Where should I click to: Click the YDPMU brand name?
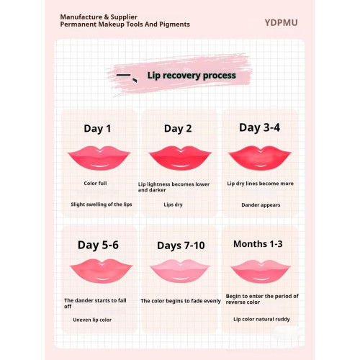(x=281, y=22)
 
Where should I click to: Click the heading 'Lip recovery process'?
(x=191, y=75)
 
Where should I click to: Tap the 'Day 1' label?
(x=97, y=129)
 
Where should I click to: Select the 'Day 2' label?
(x=178, y=129)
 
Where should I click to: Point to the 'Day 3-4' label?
(x=260, y=127)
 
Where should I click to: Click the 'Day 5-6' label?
(x=98, y=245)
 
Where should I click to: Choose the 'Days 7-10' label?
(x=181, y=246)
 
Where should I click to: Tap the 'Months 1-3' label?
(x=258, y=244)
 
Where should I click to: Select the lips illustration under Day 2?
(x=179, y=156)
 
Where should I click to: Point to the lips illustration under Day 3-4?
(x=259, y=156)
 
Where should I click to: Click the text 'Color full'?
(x=95, y=184)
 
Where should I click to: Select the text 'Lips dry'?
(x=174, y=204)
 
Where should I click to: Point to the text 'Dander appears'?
(x=261, y=204)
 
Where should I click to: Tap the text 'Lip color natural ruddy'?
(x=261, y=318)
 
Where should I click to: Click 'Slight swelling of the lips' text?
(x=101, y=204)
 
